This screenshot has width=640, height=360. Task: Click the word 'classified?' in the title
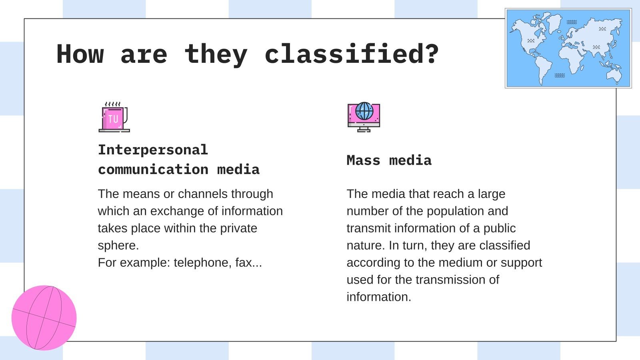coord(352,54)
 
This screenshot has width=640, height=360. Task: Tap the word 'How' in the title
coord(80,54)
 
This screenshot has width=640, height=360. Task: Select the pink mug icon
coord(114,118)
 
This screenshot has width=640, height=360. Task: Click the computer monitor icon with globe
coord(364,117)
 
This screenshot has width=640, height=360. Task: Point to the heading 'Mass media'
coord(389,160)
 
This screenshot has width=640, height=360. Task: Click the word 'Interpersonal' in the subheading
coord(153,150)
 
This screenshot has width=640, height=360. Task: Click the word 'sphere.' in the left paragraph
coord(118,245)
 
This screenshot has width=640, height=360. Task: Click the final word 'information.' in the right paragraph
coord(378,297)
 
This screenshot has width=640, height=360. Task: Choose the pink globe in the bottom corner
coord(44,318)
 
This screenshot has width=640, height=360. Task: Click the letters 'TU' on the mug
coord(113,119)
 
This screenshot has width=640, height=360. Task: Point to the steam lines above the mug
coord(112,104)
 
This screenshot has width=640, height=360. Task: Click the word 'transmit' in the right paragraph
coord(366,228)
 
